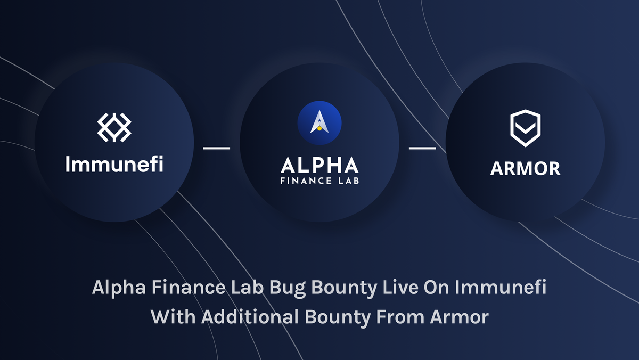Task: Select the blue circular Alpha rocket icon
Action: click(319, 122)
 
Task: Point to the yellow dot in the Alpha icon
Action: click(319, 128)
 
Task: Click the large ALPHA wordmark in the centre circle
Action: click(319, 165)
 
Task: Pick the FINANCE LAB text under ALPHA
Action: click(319, 181)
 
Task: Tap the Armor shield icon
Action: click(525, 128)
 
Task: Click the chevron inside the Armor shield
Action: click(525, 132)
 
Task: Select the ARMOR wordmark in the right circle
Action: click(525, 169)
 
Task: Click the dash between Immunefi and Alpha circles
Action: click(217, 148)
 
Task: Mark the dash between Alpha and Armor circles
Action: click(422, 148)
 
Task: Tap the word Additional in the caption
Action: click(250, 317)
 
